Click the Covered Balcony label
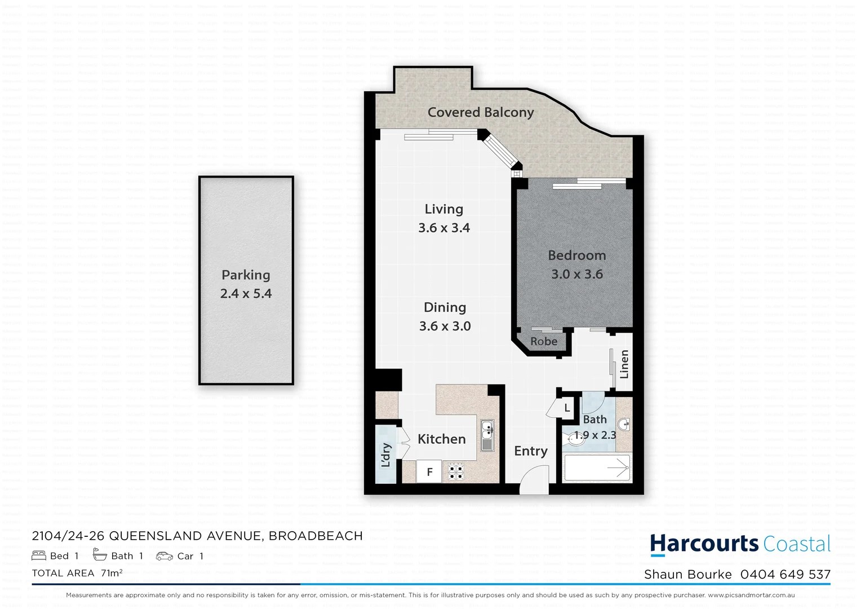point(480,112)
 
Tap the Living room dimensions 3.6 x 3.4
point(443,228)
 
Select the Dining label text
point(445,307)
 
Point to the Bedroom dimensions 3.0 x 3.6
point(576,274)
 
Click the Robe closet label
point(543,342)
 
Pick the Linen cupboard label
point(624,364)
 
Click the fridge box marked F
point(429,472)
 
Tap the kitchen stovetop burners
point(455,472)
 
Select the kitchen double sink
point(487,435)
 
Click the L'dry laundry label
point(386,455)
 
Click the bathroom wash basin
point(623,424)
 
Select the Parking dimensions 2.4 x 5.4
point(246,294)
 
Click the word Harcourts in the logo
point(704,544)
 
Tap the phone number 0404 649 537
point(785,575)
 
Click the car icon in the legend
point(165,556)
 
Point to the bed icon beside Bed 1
point(39,556)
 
